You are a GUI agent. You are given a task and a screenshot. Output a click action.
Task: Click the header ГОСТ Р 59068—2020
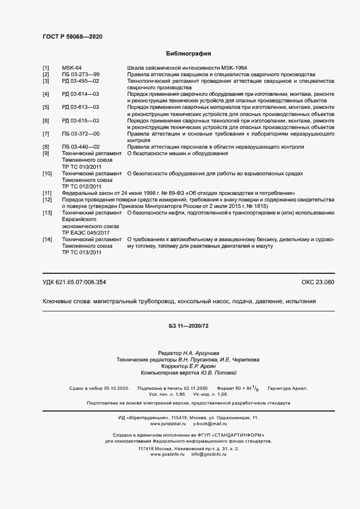tap(72, 36)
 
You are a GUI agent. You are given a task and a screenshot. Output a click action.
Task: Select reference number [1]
tap(46, 68)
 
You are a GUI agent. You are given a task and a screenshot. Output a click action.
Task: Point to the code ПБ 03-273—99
tap(81, 74)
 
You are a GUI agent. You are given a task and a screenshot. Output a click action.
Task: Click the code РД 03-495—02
tap(81, 81)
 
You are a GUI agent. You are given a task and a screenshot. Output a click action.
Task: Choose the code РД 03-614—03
tap(81, 94)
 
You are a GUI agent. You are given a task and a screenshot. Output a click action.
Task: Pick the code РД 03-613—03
tap(81, 107)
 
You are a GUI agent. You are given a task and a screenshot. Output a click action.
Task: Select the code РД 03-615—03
tap(81, 120)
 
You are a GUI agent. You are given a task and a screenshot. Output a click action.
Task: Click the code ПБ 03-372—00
tap(81, 134)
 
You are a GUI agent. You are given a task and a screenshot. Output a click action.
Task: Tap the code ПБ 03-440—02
tap(81, 147)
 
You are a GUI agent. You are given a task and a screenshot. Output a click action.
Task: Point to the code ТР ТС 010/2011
tap(82, 167)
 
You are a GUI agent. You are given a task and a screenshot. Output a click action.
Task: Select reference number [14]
tap(47, 239)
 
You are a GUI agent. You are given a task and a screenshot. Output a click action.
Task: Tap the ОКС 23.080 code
tap(318, 282)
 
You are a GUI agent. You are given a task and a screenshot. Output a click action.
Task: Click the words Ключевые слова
tap(66, 301)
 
